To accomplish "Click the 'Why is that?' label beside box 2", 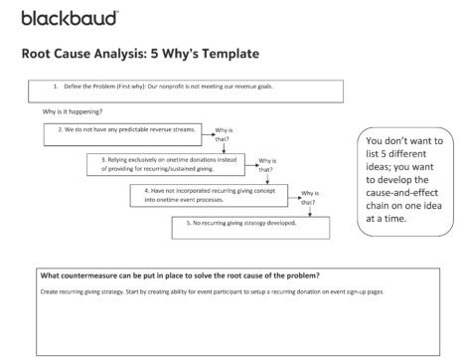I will point(224,135).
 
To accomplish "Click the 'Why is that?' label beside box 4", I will point(309,198).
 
